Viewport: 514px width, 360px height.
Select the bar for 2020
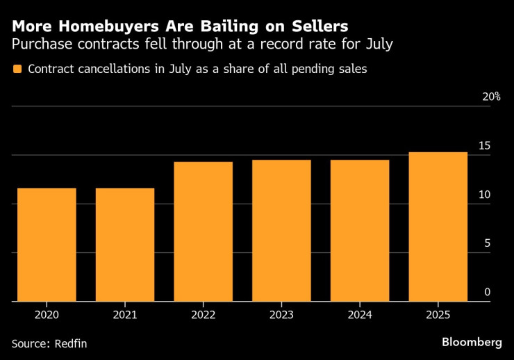tap(47, 245)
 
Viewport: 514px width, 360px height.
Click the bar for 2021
tap(125, 245)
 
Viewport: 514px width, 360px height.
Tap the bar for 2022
tap(204, 231)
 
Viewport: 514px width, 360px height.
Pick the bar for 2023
tap(281, 231)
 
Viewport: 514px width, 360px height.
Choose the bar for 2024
tap(360, 231)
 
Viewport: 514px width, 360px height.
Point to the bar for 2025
tap(438, 227)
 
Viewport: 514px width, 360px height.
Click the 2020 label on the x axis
tap(47, 315)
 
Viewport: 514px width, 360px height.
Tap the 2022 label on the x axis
tap(204, 315)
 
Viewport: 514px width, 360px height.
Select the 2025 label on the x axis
tap(438, 315)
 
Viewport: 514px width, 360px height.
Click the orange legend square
tap(17, 69)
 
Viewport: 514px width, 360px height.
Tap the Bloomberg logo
tap(472, 342)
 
